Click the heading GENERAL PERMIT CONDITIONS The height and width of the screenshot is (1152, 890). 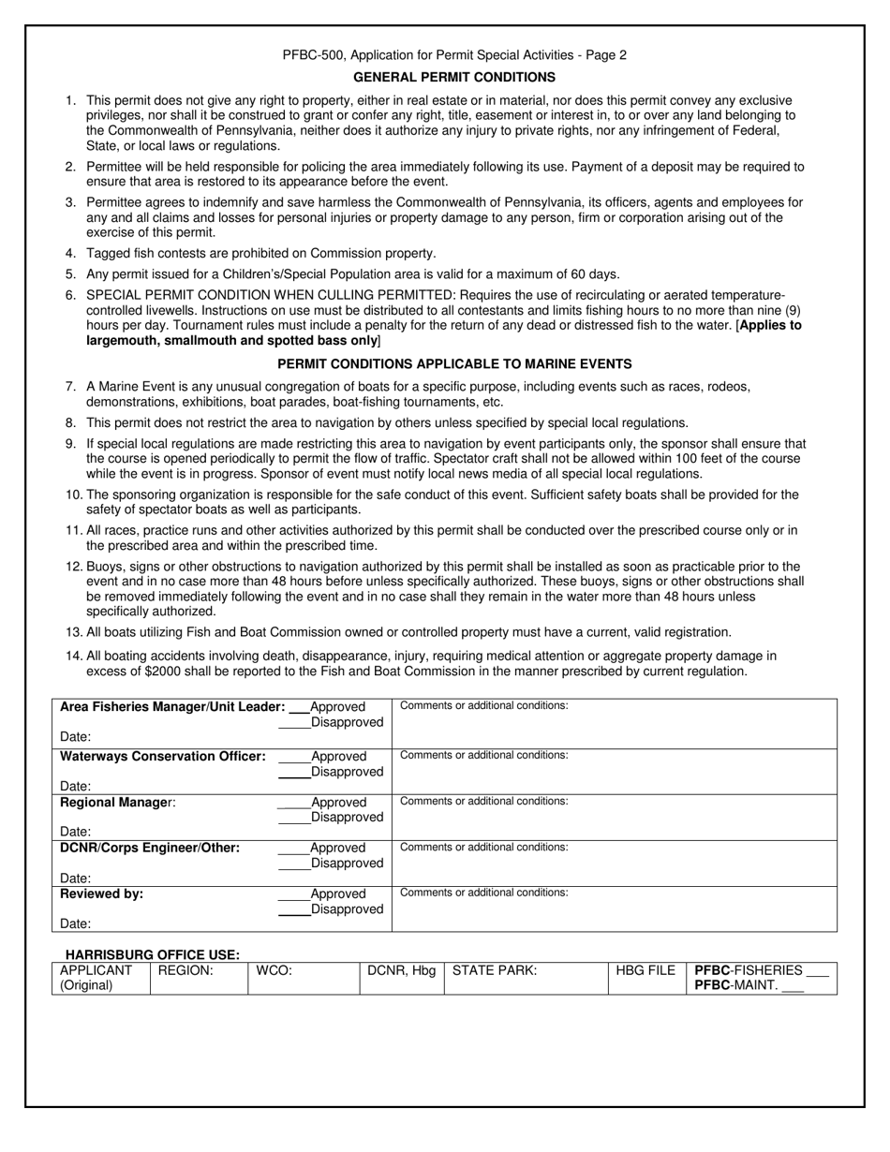454,77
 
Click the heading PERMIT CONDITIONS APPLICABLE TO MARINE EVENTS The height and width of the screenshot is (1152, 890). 454,363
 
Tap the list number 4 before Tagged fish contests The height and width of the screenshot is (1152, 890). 71,253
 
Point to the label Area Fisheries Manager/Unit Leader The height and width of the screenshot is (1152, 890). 172,707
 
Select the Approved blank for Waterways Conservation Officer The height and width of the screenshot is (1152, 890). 294,757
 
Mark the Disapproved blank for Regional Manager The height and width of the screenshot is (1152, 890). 294,818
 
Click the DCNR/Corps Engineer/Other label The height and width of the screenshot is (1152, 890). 150,848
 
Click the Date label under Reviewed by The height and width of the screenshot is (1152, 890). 76,923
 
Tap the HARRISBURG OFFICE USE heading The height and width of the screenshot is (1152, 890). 152,954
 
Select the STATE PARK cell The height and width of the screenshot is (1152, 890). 526,978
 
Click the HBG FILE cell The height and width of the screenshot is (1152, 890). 645,978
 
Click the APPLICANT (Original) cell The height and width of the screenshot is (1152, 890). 96,978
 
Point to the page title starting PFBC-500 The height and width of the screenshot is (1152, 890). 454,55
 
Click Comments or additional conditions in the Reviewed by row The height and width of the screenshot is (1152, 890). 483,893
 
